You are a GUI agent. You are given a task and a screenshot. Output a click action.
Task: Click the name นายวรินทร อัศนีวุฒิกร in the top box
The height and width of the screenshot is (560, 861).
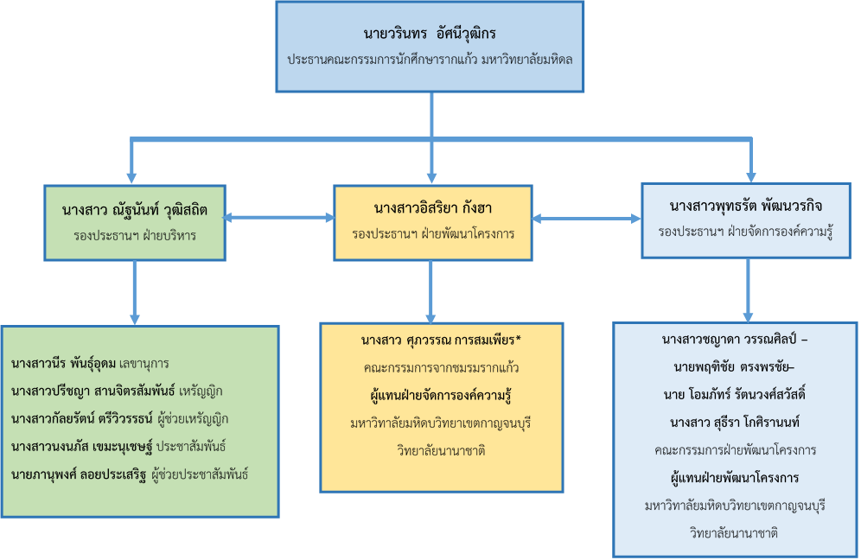[x=430, y=35]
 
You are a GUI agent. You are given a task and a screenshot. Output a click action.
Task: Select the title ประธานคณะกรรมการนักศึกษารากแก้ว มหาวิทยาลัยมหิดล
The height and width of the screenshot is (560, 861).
[x=430, y=60]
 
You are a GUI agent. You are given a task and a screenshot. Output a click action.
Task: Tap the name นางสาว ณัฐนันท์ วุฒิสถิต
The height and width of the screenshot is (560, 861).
[x=134, y=209]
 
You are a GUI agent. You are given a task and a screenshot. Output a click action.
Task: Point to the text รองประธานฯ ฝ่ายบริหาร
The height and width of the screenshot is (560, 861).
[x=134, y=234]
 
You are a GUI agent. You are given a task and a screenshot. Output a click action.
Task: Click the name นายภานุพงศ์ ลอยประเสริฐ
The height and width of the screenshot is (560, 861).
[x=80, y=474]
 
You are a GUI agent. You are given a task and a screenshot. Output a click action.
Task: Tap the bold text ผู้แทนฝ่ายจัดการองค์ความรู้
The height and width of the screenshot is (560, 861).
[x=441, y=396]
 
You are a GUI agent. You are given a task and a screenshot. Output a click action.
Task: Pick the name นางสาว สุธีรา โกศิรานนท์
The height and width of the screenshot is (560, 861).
[x=734, y=423]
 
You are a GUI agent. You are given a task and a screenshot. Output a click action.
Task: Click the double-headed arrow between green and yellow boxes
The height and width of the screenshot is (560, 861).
[x=279, y=217]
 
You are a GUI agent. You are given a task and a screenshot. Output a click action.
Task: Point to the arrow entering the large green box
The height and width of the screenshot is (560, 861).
[x=134, y=315]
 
